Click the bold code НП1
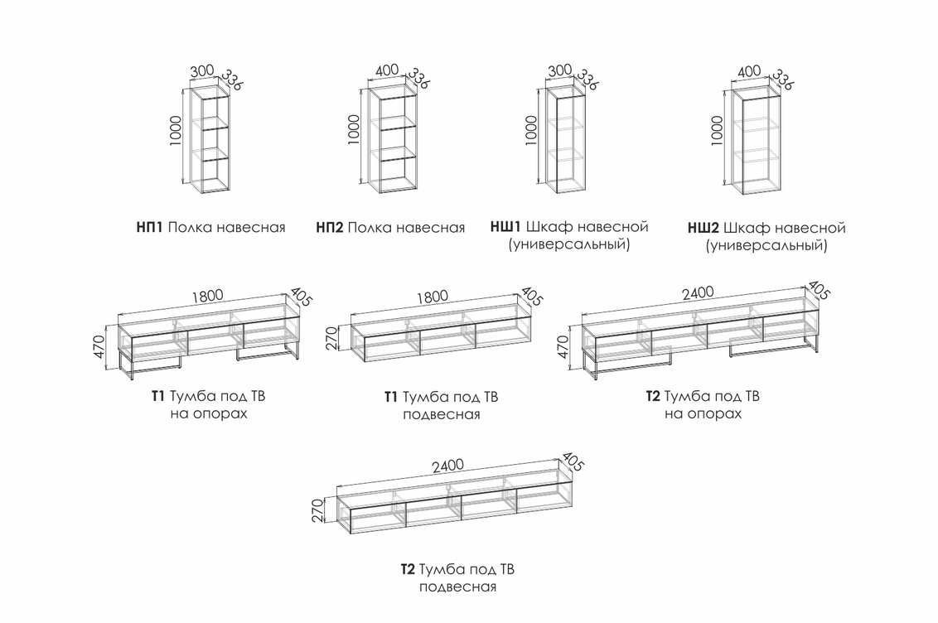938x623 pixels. click(150, 227)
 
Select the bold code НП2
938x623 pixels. click(330, 227)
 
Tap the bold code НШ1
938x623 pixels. click(505, 226)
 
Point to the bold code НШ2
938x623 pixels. click(704, 227)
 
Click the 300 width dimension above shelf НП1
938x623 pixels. click(202, 72)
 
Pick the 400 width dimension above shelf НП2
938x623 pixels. click(387, 72)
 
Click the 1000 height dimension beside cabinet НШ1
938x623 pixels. click(531, 131)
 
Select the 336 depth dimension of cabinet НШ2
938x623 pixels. click(782, 80)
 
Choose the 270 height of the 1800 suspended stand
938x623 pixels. click(332, 338)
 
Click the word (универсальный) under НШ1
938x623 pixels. click(569, 244)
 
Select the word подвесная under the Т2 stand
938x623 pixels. click(457, 587)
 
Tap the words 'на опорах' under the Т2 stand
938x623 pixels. click(703, 413)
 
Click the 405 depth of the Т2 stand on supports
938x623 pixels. click(819, 290)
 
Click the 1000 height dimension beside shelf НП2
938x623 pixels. click(354, 131)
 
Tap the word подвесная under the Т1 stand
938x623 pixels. click(442, 414)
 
